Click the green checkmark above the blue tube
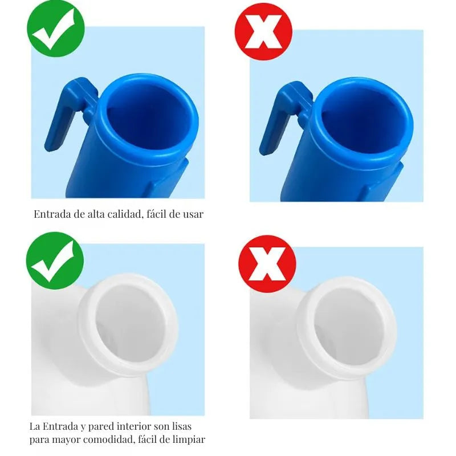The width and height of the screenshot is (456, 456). [55, 28]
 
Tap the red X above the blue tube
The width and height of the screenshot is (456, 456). [263, 32]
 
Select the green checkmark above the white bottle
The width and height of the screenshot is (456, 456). [55, 260]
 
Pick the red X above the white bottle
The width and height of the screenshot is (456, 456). [267, 264]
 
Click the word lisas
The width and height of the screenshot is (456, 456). [181, 426]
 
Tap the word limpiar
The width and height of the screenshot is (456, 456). [189, 439]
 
